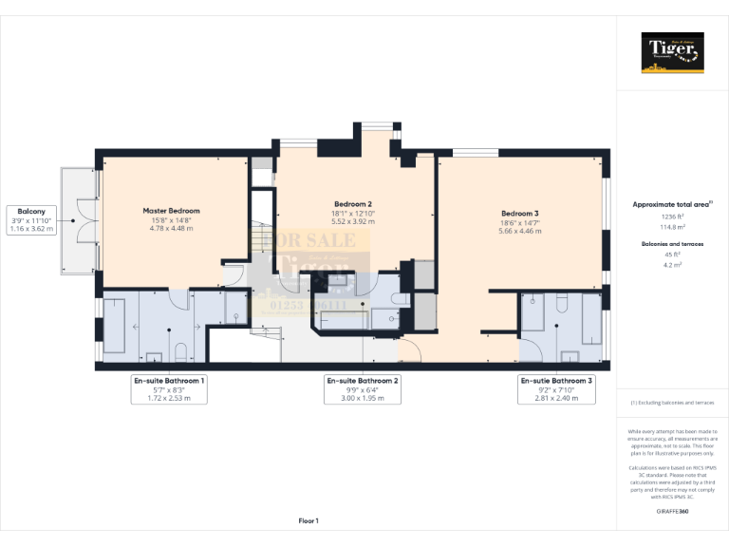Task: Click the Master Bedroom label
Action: click(x=171, y=211)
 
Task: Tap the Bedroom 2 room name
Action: click(x=353, y=204)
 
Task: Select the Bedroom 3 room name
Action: click(x=520, y=213)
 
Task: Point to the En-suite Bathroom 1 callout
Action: click(x=168, y=389)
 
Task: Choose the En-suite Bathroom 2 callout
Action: click(x=363, y=389)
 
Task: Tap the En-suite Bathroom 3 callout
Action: click(x=556, y=389)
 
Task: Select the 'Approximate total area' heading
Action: click(x=671, y=204)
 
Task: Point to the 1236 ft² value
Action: click(x=672, y=217)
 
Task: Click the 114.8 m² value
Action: click(x=672, y=226)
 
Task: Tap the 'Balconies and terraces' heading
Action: click(x=672, y=244)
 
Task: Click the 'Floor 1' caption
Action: click(x=308, y=520)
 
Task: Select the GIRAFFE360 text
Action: click(x=672, y=511)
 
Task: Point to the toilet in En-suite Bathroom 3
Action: click(x=570, y=355)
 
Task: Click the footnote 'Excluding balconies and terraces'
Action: click(x=672, y=404)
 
